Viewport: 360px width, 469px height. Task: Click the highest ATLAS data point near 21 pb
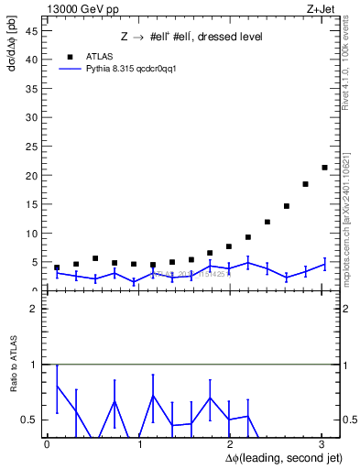pos(324,168)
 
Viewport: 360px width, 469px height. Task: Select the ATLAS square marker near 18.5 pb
pos(305,184)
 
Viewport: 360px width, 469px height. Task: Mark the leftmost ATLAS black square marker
pos(57,267)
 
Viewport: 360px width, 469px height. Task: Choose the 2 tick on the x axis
pos(231,445)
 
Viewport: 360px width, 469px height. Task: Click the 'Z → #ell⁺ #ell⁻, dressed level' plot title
pos(191,38)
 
